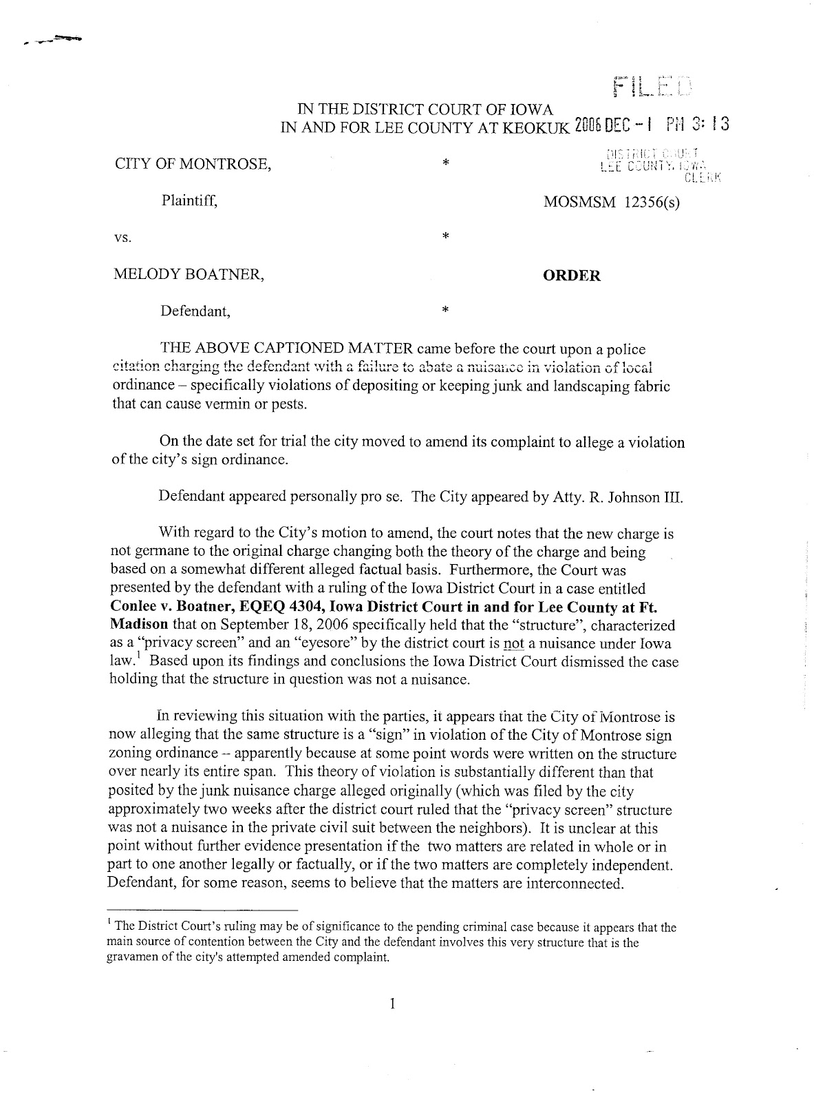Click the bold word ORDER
pyautogui.click(x=571, y=276)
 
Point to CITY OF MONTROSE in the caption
pyautogui.click(x=192, y=165)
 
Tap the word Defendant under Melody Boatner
pyautogui.click(x=195, y=311)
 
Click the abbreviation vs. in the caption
pyautogui.click(x=122, y=239)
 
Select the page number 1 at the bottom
pyautogui.click(x=392, y=1004)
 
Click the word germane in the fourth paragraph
pyautogui.click(x=157, y=552)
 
